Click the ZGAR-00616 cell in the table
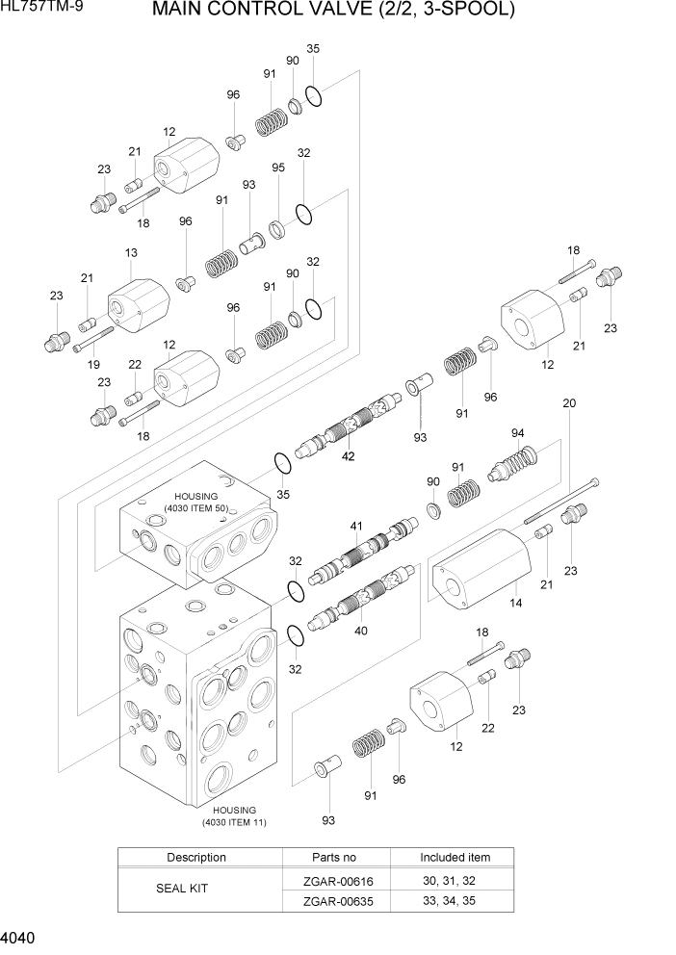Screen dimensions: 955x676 click(334, 880)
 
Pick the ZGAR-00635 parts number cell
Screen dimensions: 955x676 click(334, 901)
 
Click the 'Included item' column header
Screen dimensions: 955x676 click(455, 857)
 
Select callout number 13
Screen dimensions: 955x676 click(131, 253)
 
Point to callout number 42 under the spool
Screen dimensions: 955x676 click(348, 456)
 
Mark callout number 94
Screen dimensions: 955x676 click(518, 432)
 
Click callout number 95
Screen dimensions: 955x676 click(278, 168)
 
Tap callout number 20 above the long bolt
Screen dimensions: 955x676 click(569, 403)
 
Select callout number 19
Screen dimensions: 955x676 click(93, 364)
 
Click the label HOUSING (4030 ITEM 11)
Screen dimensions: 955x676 click(234, 816)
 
